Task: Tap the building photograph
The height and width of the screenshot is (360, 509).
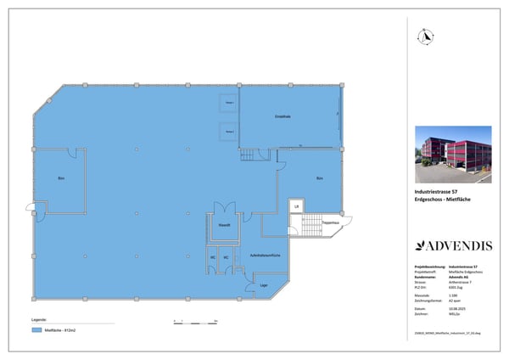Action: pyautogui.click(x=453, y=155)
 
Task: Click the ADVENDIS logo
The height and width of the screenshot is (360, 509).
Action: pyautogui.click(x=453, y=246)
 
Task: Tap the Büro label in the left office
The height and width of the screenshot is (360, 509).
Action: pyautogui.click(x=61, y=179)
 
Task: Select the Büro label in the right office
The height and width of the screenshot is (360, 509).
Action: pyautogui.click(x=319, y=178)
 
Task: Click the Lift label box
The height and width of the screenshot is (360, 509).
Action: pyautogui.click(x=296, y=206)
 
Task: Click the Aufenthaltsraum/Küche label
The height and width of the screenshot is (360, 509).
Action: pyautogui.click(x=265, y=255)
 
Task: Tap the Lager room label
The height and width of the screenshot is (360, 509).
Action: pyautogui.click(x=264, y=285)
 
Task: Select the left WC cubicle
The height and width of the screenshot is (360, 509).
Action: pyautogui.click(x=213, y=258)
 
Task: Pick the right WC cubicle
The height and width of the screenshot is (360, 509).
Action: pyautogui.click(x=226, y=258)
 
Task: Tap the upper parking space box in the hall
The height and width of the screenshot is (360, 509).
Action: pyautogui.click(x=227, y=104)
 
